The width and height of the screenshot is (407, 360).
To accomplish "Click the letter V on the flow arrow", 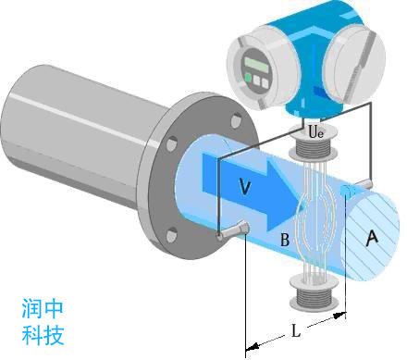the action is [x=244, y=187].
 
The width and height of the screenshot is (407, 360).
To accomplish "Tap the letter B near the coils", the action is [x=284, y=241].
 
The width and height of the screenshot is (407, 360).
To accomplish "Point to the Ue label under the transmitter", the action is [x=315, y=132].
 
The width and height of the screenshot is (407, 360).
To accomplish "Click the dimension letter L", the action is [x=293, y=329].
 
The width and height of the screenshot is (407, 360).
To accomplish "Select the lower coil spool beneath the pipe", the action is [x=312, y=294].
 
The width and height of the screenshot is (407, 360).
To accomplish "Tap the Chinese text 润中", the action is [x=43, y=307].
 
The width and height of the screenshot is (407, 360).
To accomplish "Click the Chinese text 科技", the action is [x=43, y=333].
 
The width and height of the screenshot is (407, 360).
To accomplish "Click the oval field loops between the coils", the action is [x=313, y=223].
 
